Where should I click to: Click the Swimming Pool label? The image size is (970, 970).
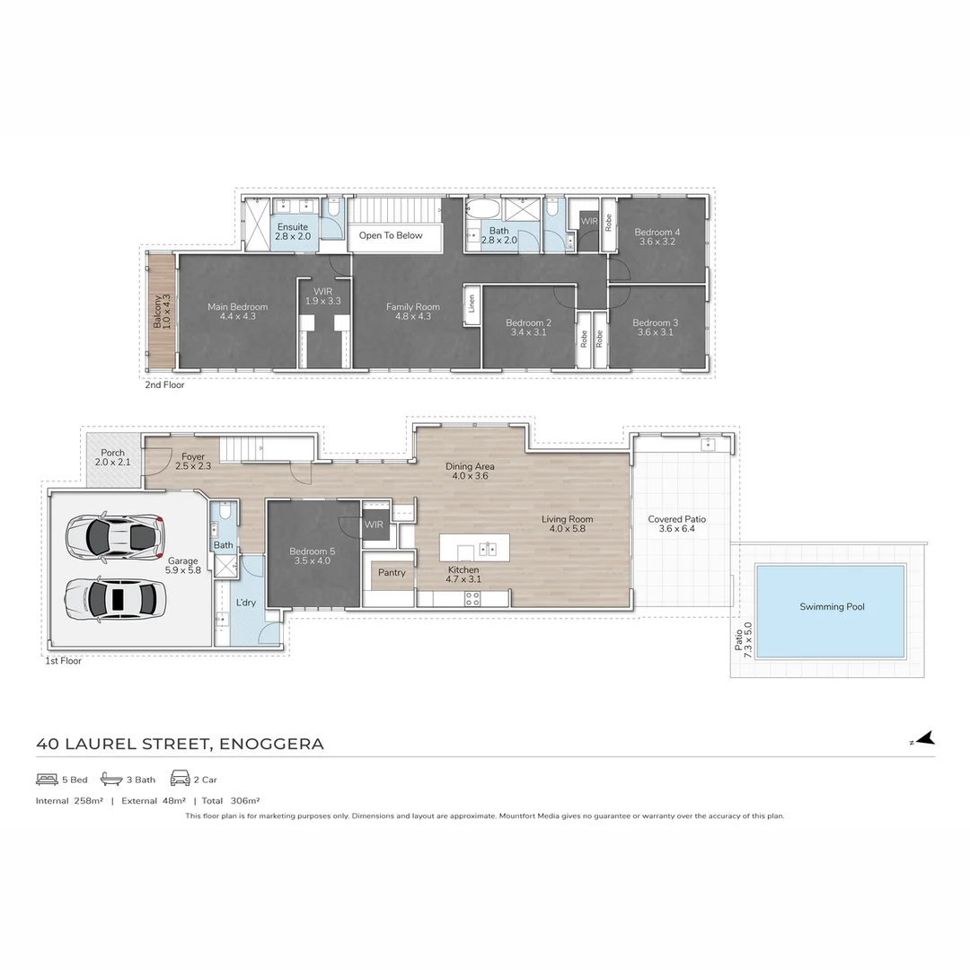832,607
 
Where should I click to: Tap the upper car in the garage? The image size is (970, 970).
115,536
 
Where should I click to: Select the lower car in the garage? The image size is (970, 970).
115,596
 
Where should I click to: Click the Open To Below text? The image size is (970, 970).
391,235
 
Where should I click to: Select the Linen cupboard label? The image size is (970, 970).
472,305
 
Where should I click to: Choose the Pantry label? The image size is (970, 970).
392,573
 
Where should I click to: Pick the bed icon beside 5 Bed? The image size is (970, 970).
47,779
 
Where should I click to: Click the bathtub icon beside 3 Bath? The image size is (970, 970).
111,779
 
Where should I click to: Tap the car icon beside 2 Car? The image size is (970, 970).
180,779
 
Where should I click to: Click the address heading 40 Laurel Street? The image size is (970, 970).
180,744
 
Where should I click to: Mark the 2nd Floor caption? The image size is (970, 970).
164,384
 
